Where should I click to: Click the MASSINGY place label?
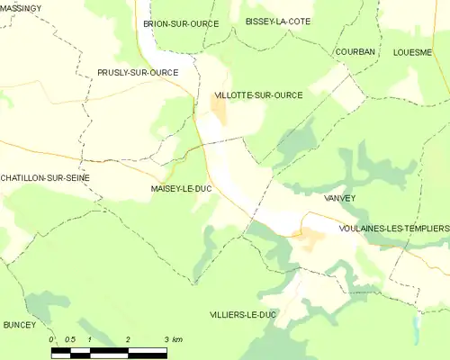pyautogui.click(x=21, y=8)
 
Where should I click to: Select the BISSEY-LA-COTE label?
pyautogui.click(x=278, y=21)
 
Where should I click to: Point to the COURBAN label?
pyautogui.click(x=355, y=52)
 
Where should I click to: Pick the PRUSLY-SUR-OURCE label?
pyautogui.click(x=138, y=72)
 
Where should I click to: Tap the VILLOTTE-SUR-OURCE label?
pyautogui.click(x=257, y=94)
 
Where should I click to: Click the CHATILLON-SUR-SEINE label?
pyautogui.click(x=45, y=178)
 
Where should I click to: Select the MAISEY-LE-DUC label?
pyautogui.click(x=181, y=189)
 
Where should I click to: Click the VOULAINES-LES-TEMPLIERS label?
pyautogui.click(x=393, y=229)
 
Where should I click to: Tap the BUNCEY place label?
pyautogui.click(x=19, y=324)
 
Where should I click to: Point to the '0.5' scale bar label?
pyautogui.click(x=70, y=338)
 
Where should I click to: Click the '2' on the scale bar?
pyautogui.click(x=129, y=338)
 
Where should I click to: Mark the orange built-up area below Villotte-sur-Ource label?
pyautogui.click(x=219, y=112)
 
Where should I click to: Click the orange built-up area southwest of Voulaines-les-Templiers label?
pyautogui.click(x=312, y=238)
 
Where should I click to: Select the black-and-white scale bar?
pyautogui.click(x=109, y=350)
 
